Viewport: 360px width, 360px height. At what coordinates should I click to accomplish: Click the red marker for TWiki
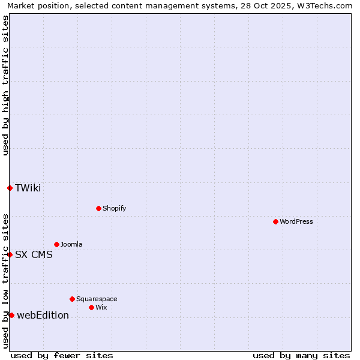pos(10,188)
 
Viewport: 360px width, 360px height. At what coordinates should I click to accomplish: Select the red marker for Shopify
pos(98,208)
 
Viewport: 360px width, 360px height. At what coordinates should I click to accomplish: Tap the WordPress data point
pos(275,221)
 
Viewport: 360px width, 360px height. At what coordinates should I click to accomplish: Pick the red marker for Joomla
pos(56,244)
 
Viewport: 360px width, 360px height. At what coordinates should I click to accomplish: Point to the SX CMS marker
pos(10,254)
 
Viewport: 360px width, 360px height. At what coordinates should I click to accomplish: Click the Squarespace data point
pos(72,299)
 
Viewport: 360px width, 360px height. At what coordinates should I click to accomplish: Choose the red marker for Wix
pos(91,307)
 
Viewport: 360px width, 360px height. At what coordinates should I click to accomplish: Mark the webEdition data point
pos(11,315)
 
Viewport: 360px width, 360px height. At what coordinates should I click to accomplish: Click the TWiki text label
pos(28,188)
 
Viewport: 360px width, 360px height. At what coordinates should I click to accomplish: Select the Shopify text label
pos(114,208)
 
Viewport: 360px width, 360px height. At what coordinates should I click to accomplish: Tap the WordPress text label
pos(296,221)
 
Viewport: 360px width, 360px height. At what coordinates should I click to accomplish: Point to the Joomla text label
pos(71,244)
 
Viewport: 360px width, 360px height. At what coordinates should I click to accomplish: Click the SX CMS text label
pos(34,254)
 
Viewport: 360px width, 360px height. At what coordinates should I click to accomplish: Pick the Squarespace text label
pos(97,299)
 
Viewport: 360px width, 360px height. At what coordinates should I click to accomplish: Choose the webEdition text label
pos(43,315)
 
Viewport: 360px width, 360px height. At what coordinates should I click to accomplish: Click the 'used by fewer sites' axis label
pos(62,355)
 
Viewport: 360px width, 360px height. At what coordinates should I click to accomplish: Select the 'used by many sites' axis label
pos(301,355)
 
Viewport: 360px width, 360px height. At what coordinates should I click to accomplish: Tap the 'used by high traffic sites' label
pos(5,85)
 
